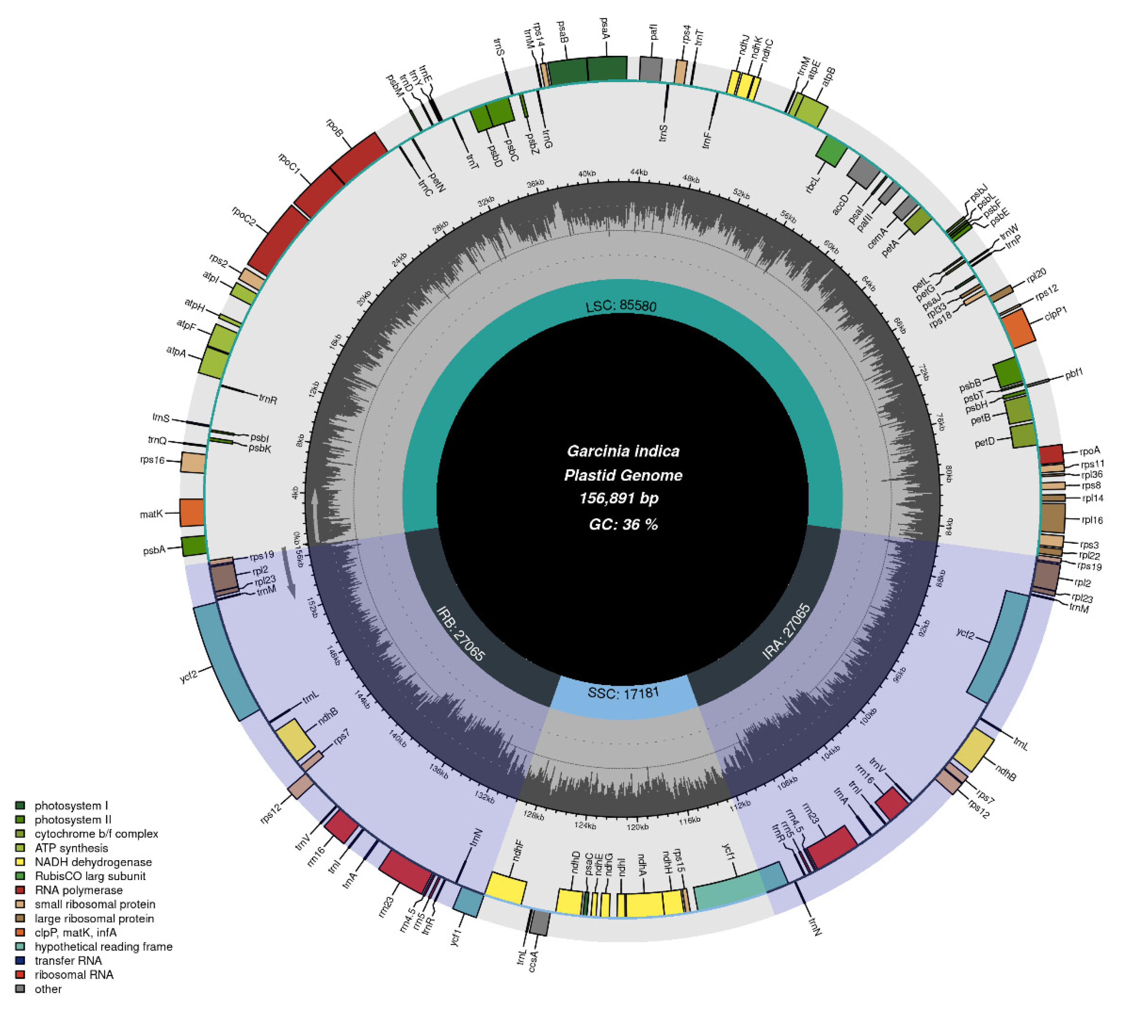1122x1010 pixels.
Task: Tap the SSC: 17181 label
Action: pyautogui.click(x=623, y=692)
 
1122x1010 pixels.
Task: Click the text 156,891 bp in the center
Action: pyautogui.click(x=619, y=498)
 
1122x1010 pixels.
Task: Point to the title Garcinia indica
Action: pyautogui.click(x=622, y=450)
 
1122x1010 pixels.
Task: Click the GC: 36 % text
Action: pyautogui.click(x=622, y=524)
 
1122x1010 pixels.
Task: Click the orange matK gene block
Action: pyautogui.click(x=192, y=512)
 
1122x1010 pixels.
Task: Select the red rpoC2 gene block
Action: pyautogui.click(x=278, y=240)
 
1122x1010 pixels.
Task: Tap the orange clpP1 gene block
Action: pyautogui.click(x=1018, y=329)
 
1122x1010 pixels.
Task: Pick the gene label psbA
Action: pyautogui.click(x=154, y=550)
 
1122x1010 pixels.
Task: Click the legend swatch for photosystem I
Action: pyautogui.click(x=21, y=805)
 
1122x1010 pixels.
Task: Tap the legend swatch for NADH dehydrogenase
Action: pyautogui.click(x=21, y=862)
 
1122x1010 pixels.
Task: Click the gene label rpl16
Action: pyautogui.click(x=1092, y=520)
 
